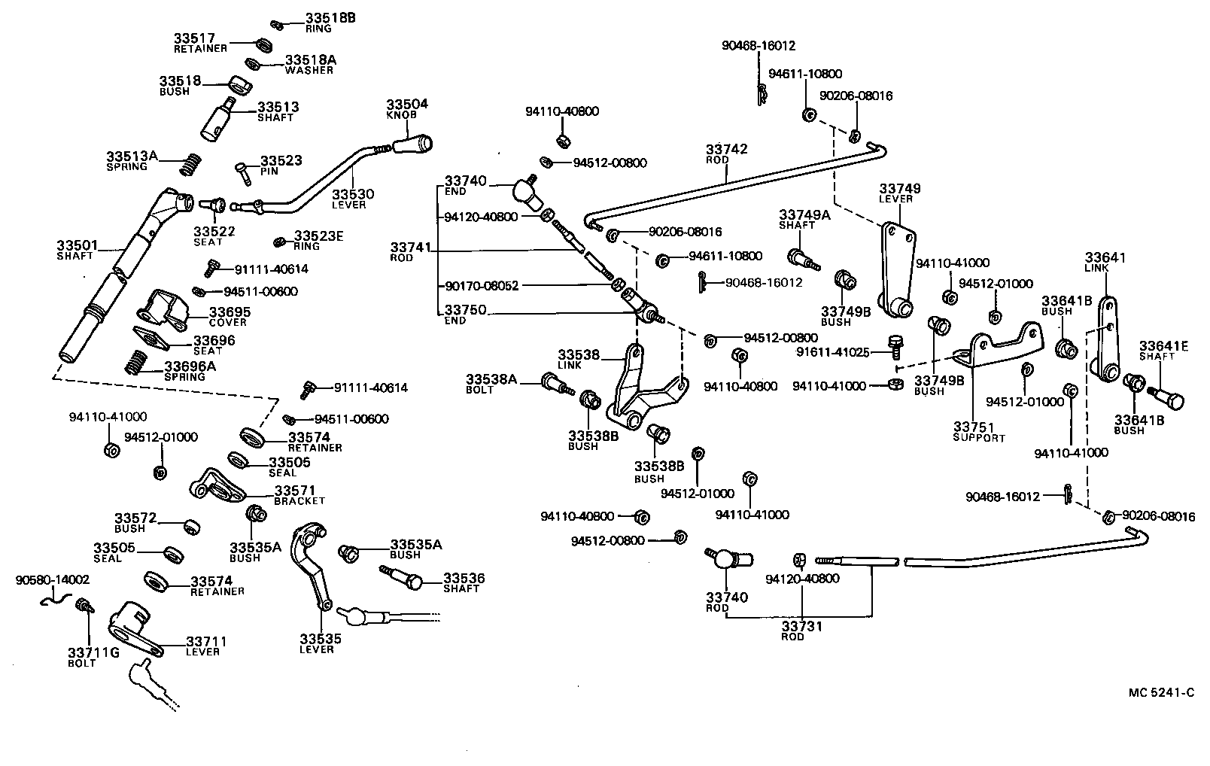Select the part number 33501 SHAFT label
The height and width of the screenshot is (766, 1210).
pyautogui.click(x=74, y=250)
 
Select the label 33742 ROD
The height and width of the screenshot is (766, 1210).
pyautogui.click(x=726, y=154)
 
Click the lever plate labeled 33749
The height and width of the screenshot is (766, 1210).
pyautogui.click(x=896, y=267)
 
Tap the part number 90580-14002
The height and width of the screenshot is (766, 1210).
pyautogui.click(x=53, y=580)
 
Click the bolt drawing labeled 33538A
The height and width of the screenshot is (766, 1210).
pyautogui.click(x=556, y=385)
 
